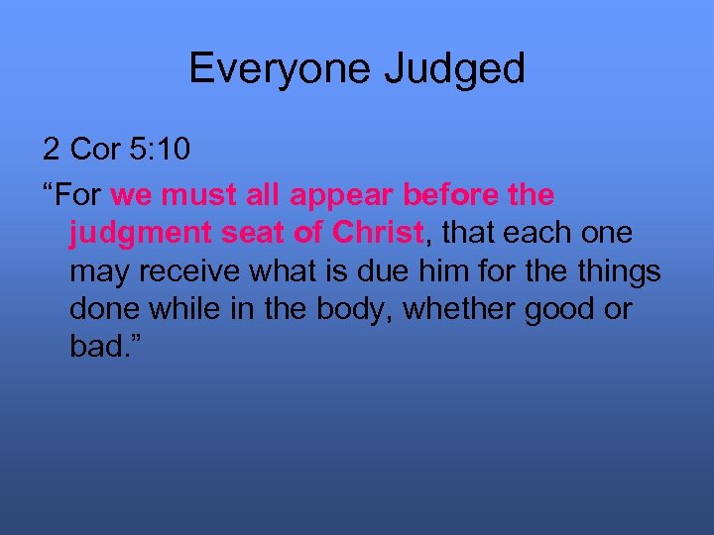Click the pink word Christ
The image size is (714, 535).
pyautogui.click(x=378, y=233)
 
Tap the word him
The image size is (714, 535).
pyautogui.click(x=427, y=271)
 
